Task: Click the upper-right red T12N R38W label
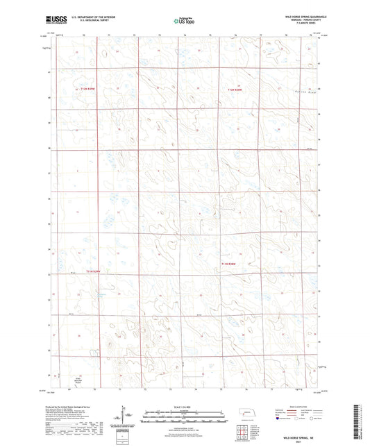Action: tap(238, 89)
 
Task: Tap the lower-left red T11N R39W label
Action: tap(93, 271)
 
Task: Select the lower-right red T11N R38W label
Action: tap(229, 264)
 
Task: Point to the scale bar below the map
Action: tap(185, 419)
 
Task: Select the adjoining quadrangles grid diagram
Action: tap(244, 432)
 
